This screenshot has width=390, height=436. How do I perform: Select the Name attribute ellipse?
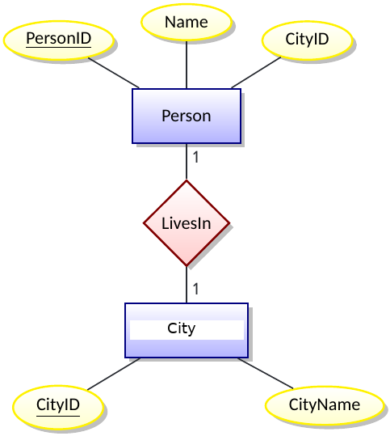(186, 23)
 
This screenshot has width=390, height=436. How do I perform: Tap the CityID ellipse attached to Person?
(308, 39)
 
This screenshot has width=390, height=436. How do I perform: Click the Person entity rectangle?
(186, 116)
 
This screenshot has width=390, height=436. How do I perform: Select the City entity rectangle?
(186, 330)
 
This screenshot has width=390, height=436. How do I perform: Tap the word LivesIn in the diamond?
(186, 223)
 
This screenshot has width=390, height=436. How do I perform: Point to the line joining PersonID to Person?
(114, 74)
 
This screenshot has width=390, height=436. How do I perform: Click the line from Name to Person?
(187, 65)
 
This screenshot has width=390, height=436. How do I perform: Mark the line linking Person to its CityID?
(257, 72)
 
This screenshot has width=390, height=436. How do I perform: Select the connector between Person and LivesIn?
(187, 162)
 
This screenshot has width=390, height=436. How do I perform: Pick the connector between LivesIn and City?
(187, 285)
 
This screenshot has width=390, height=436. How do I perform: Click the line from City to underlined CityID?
(113, 374)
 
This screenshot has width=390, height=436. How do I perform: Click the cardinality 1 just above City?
(195, 288)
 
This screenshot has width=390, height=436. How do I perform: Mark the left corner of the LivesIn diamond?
(145, 223)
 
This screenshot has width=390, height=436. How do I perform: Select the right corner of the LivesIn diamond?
(229, 223)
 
